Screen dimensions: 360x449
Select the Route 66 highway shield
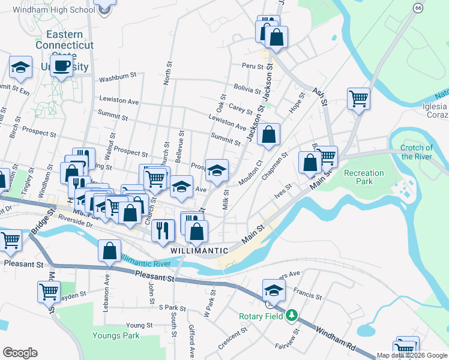(418, 7)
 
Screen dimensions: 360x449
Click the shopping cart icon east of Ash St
(358, 98)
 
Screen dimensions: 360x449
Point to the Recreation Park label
(363, 178)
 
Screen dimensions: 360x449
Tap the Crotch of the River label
(416, 152)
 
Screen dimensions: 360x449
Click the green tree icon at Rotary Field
(292, 315)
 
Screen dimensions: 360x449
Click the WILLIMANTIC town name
(199, 250)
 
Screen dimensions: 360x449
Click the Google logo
(20, 353)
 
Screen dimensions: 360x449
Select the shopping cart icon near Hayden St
(49, 292)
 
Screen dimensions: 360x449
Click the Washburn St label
(118, 77)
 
